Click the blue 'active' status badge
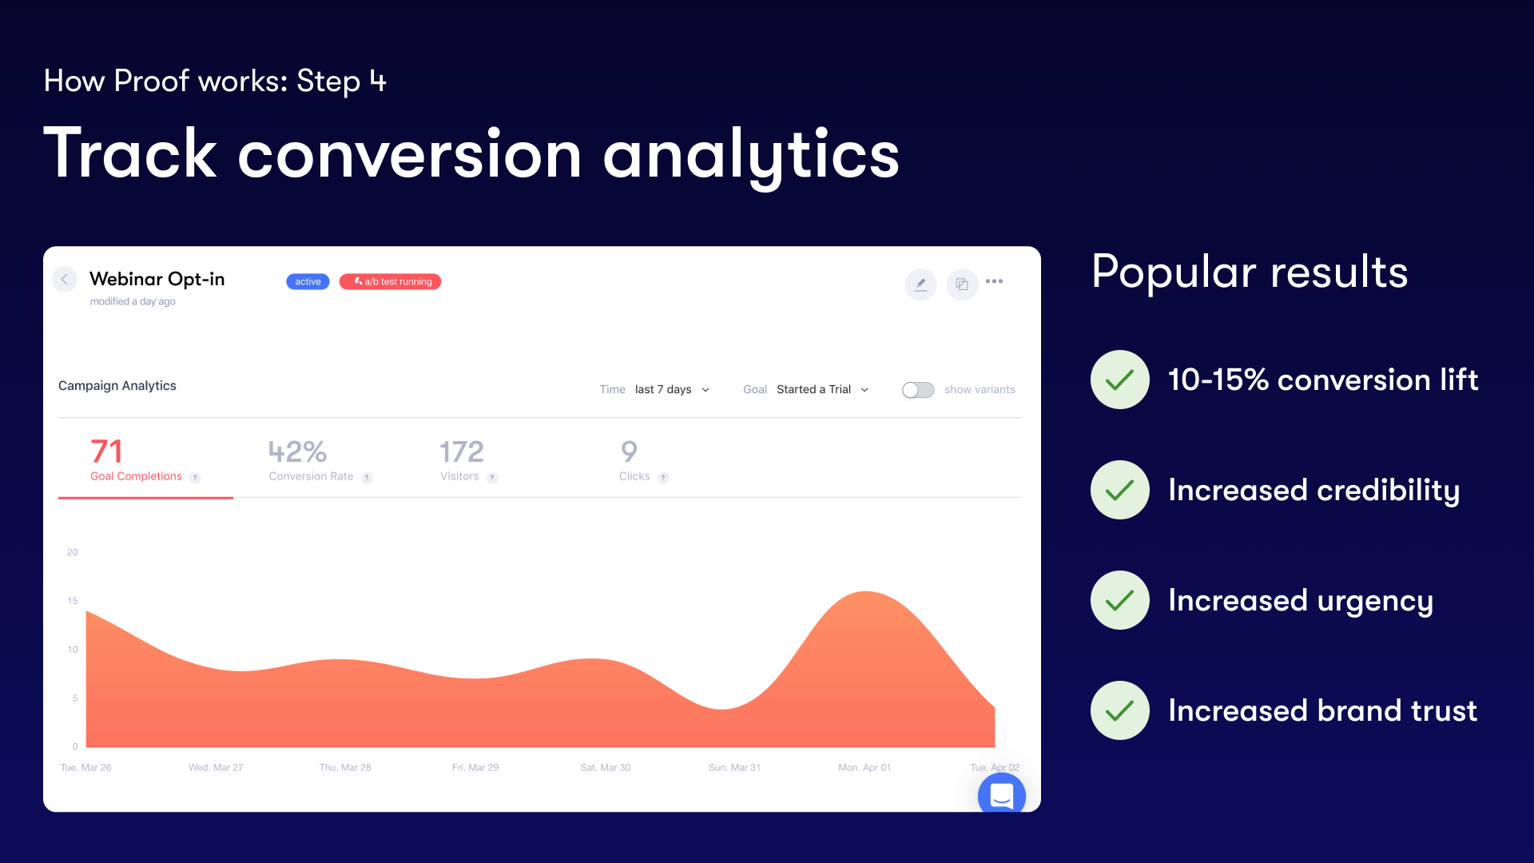(308, 281)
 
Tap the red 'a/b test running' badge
(390, 281)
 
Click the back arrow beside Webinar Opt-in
(65, 279)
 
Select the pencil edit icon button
(920, 284)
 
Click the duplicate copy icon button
(962, 284)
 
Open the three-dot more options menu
(994, 281)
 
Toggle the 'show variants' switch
(918, 390)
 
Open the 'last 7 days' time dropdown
(672, 390)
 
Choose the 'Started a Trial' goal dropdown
(822, 390)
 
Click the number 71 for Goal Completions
(106, 451)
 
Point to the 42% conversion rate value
(297, 451)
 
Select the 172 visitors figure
(462, 451)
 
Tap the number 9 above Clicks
(629, 451)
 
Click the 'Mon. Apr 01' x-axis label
(864, 768)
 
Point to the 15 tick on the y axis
(73, 601)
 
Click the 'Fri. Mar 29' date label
(475, 768)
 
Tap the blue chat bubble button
(1002, 793)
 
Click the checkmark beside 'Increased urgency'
(1120, 600)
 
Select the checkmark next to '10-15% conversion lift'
(1120, 380)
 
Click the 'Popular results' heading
(1250, 272)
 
